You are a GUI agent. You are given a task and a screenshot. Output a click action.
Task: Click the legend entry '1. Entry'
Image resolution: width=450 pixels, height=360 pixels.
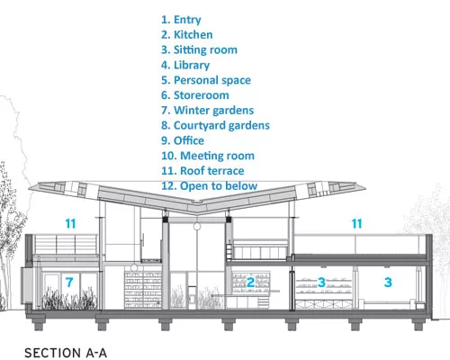[x=181, y=20]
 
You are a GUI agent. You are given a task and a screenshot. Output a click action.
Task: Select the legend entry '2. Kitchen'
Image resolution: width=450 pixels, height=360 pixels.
[x=187, y=35]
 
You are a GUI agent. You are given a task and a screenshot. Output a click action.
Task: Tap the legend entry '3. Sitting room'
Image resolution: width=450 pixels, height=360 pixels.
[x=199, y=49]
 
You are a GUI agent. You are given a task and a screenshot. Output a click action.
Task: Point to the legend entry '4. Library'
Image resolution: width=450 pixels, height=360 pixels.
[x=185, y=65]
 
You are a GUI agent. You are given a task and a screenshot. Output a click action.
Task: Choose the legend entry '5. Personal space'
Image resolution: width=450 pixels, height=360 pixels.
[x=206, y=80]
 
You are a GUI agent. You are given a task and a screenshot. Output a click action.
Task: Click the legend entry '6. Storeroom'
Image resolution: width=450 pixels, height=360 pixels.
[x=195, y=95]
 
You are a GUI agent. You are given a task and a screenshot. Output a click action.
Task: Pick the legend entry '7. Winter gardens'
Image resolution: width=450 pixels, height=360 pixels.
[x=207, y=111]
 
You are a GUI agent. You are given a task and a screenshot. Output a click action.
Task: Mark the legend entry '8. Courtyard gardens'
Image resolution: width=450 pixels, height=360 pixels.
[x=215, y=126]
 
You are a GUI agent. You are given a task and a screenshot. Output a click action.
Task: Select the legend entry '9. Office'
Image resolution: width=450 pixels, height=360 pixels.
[x=183, y=140]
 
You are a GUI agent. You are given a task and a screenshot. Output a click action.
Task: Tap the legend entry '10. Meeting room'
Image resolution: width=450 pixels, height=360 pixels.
[x=208, y=156]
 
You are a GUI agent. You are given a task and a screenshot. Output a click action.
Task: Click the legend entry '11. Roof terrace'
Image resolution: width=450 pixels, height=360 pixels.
[x=202, y=171]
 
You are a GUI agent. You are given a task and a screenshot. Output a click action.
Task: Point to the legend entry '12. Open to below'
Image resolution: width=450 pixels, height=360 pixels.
[x=210, y=186]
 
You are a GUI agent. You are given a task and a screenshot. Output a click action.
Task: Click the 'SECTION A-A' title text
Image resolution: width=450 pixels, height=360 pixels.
[x=66, y=353]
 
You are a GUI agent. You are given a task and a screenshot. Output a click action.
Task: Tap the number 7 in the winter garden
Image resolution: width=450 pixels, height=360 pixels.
[x=69, y=283]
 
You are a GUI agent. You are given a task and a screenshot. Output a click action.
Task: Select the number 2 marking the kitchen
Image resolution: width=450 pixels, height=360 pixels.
[x=250, y=283]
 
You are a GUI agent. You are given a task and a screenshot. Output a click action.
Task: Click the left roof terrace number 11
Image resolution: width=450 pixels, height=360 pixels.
[x=70, y=224]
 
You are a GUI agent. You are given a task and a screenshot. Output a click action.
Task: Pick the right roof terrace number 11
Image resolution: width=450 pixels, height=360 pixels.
[x=356, y=224]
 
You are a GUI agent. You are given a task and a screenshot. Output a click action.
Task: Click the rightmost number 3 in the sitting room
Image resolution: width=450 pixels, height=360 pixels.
[x=388, y=283]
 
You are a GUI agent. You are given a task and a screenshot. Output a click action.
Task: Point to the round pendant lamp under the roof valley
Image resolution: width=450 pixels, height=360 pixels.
[x=197, y=226]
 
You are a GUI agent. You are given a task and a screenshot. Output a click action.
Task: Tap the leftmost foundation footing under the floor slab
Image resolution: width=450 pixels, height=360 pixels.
[x=39, y=325]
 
